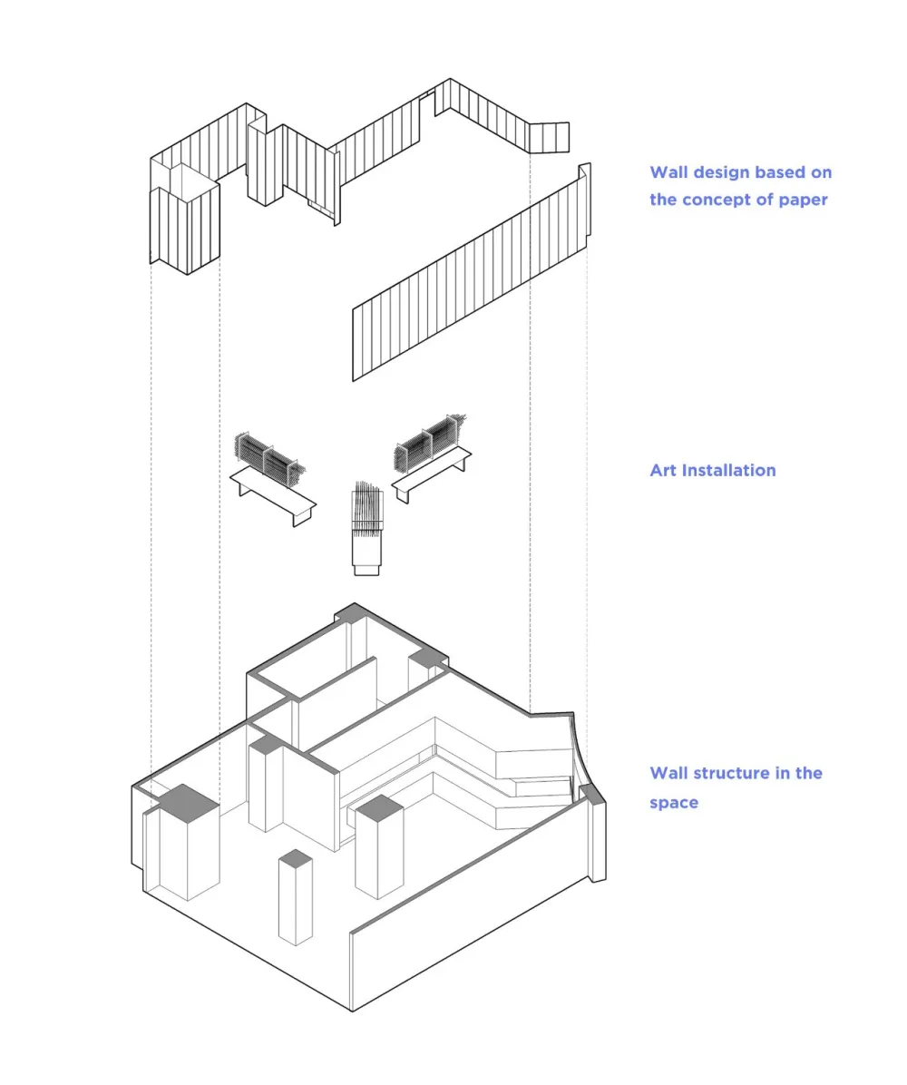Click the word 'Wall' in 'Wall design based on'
pos(668,172)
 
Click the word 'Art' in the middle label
pos(663,471)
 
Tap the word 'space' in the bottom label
pos(674,804)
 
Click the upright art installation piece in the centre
pos(366,529)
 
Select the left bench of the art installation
pos(273,494)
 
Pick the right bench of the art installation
pos(432,474)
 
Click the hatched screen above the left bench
pos(269,458)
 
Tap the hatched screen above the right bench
pos(430,442)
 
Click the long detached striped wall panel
pos(472,272)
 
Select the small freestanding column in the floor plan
pos(296,897)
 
